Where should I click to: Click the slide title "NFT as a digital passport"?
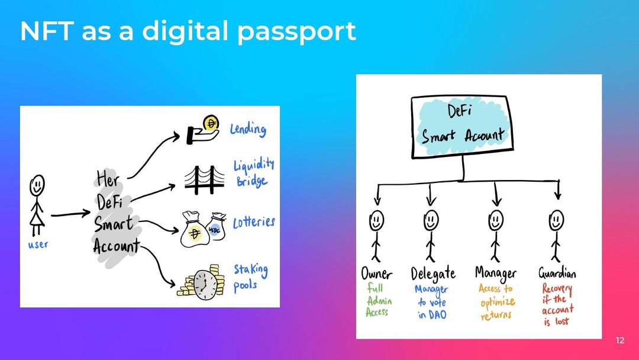pyautogui.click(x=188, y=31)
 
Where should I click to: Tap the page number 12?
pyautogui.click(x=619, y=340)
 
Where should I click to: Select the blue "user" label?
pyautogui.click(x=38, y=244)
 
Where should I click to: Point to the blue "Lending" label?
pyautogui.click(x=248, y=128)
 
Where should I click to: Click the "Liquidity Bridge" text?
pyautogui.click(x=254, y=173)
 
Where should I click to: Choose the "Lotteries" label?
pyautogui.click(x=254, y=223)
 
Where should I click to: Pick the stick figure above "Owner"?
pyautogui.click(x=376, y=234)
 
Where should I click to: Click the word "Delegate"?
pyautogui.click(x=433, y=274)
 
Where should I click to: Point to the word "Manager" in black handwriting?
pyautogui.click(x=496, y=273)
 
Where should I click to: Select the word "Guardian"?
pyautogui.click(x=557, y=273)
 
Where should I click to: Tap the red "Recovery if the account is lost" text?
pyautogui.click(x=557, y=305)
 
